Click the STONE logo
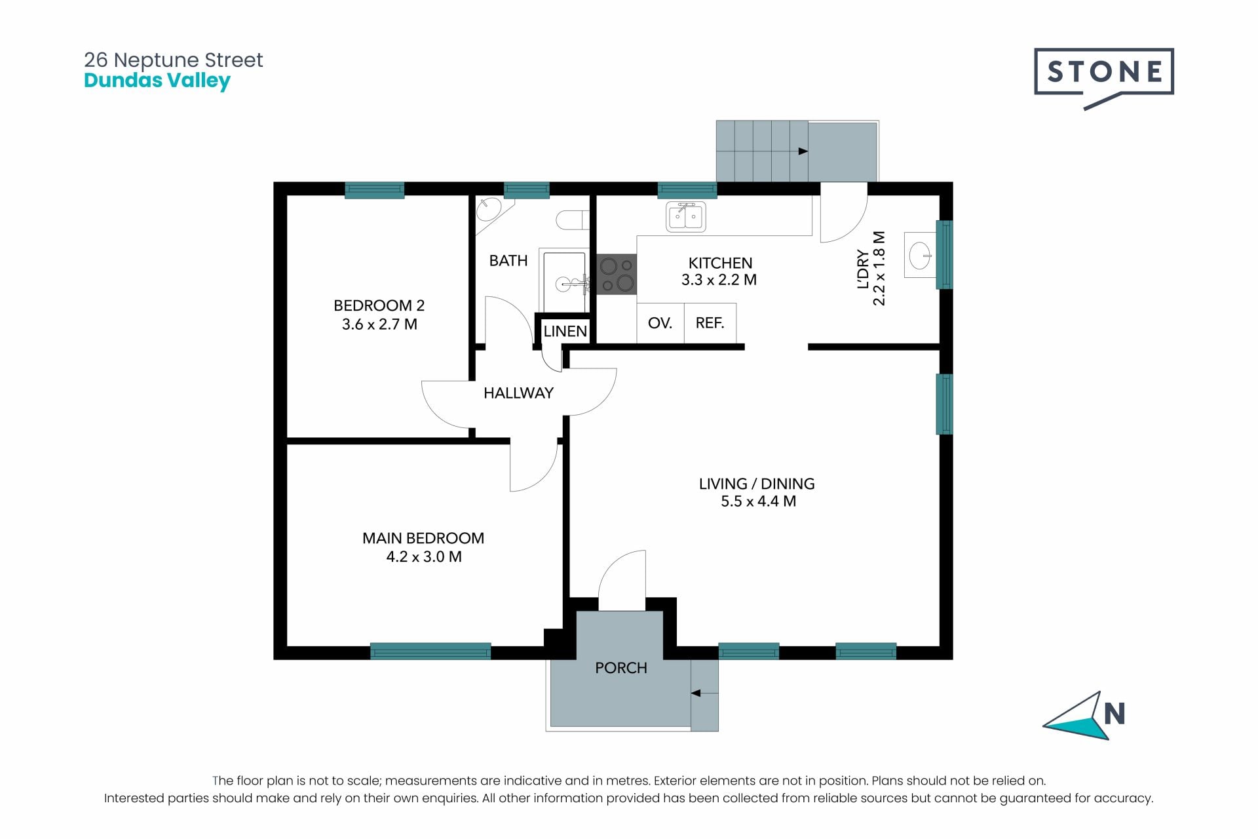pyautogui.click(x=1103, y=78)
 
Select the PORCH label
pyautogui.click(x=620, y=668)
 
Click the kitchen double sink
pyautogui.click(x=686, y=217)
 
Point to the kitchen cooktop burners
pyautogui.click(x=617, y=275)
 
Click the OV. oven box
pyautogui.click(x=660, y=322)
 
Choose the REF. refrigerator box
pyautogui.click(x=710, y=322)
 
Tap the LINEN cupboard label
pyautogui.click(x=565, y=331)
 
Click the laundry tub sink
pyautogui.click(x=920, y=254)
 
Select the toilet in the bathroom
pyautogui.click(x=572, y=220)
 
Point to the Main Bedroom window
pyautogui.click(x=430, y=651)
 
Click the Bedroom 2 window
pyautogui.click(x=375, y=190)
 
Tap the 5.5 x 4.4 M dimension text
pyautogui.click(x=758, y=501)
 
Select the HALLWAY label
pyautogui.click(x=518, y=393)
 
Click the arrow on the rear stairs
pyautogui.click(x=803, y=151)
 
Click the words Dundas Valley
pyautogui.click(x=157, y=81)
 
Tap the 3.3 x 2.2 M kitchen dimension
pyautogui.click(x=719, y=280)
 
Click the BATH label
pyautogui.click(x=508, y=261)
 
